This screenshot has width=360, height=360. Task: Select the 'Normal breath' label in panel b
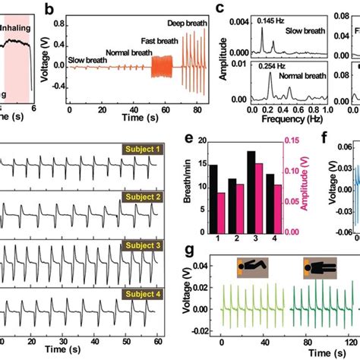click(x=123, y=53)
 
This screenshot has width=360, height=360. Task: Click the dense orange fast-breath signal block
click(x=163, y=68)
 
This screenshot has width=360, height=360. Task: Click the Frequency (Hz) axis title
click(x=273, y=121)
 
